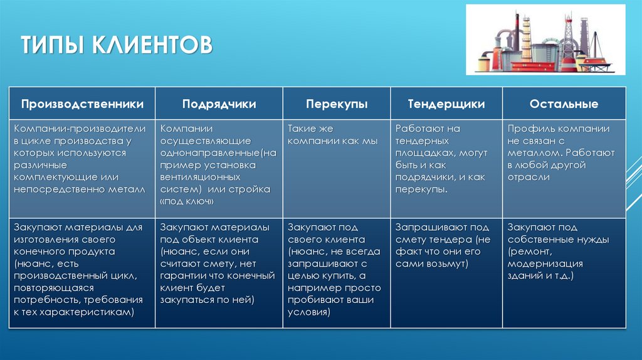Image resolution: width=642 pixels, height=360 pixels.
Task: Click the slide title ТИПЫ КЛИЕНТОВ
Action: point(116,46)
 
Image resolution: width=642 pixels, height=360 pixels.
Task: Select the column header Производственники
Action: point(82,104)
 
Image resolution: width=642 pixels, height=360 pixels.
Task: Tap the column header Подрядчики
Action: point(219,104)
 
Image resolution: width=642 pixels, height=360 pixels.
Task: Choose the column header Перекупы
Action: point(337,104)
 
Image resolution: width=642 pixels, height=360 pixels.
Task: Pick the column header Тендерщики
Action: point(446,104)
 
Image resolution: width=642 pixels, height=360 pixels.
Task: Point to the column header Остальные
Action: point(564,104)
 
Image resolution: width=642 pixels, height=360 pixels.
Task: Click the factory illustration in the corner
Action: point(545,40)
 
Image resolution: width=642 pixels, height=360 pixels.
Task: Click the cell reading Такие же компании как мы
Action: point(332,135)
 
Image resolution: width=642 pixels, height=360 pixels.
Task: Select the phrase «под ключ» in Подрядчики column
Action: point(187,201)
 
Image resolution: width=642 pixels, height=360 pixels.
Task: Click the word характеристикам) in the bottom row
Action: point(90,312)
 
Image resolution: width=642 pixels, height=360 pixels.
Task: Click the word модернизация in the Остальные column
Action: point(545,263)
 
